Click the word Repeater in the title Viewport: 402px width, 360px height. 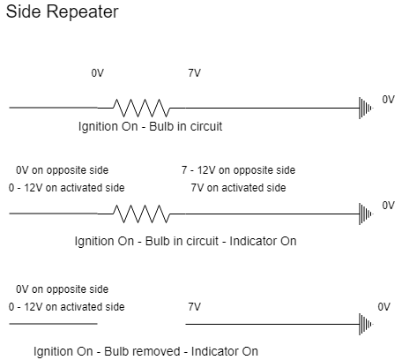pyautogui.click(x=83, y=12)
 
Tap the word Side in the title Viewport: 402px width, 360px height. pyautogui.click(x=23, y=11)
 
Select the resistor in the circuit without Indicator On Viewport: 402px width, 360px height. pyautogui.click(x=142, y=108)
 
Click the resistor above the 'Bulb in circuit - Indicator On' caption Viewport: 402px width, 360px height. pyautogui.click(x=142, y=214)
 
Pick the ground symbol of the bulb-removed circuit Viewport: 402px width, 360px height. pyautogui.click(x=366, y=324)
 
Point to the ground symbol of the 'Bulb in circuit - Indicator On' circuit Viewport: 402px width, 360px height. pyautogui.click(x=366, y=214)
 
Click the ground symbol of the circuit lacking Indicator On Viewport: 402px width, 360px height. pyautogui.click(x=366, y=108)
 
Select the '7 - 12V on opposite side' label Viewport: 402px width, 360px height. pyautogui.click(x=238, y=170)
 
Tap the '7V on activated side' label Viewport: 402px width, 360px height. pyautogui.click(x=238, y=188)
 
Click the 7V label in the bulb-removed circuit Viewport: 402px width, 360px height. pyautogui.click(x=195, y=307)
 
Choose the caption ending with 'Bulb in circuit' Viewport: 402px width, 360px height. pyautogui.click(x=150, y=126)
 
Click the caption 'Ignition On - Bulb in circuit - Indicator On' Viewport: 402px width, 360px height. pyautogui.click(x=185, y=241)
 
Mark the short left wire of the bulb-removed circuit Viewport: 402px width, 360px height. pyautogui.click(x=53, y=324)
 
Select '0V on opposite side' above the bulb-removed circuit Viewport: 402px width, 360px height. pyautogui.click(x=62, y=289)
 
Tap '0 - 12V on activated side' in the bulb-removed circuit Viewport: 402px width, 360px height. pyautogui.click(x=66, y=307)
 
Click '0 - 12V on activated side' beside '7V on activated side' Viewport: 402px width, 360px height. pyautogui.click(x=66, y=188)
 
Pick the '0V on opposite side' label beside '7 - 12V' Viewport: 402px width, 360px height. pyautogui.click(x=62, y=170)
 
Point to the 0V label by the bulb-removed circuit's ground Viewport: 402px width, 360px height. pyautogui.click(x=383, y=307)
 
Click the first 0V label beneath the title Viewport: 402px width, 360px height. pyautogui.click(x=98, y=73)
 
